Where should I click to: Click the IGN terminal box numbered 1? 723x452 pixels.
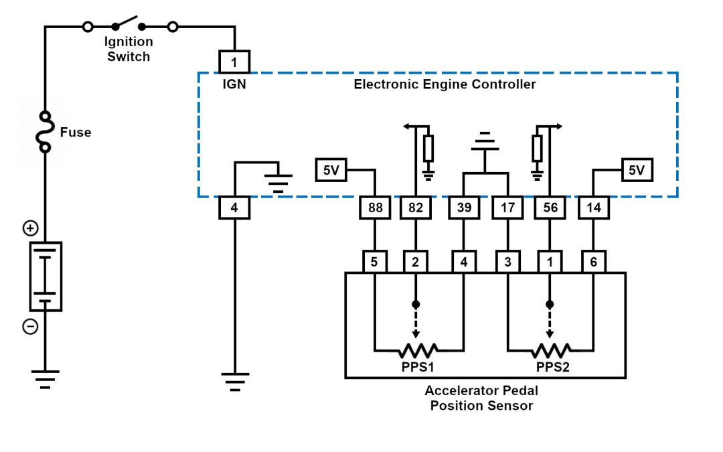[x=234, y=62]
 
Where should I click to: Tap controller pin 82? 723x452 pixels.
[x=416, y=208]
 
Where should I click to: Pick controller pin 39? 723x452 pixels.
[x=463, y=208]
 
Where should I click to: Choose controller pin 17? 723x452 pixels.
[x=507, y=208]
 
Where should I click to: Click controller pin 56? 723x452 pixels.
[x=549, y=208]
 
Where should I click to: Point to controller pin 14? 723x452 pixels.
[x=593, y=208]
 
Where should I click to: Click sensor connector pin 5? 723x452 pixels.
[x=374, y=261]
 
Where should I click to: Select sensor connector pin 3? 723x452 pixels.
[x=507, y=261]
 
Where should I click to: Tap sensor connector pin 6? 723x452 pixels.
[x=593, y=261]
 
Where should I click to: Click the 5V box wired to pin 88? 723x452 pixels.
[x=331, y=170]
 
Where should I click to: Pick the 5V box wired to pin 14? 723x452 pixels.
[x=636, y=170]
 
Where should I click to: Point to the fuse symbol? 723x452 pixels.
[x=46, y=132]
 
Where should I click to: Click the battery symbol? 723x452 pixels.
[x=46, y=277]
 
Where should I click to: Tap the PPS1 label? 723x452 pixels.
[x=417, y=367]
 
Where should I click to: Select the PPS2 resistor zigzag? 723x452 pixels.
[x=550, y=350]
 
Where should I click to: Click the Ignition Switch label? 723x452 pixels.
[x=128, y=50]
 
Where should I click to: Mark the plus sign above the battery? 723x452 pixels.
[x=30, y=228]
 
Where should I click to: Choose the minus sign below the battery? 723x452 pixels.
[x=30, y=327]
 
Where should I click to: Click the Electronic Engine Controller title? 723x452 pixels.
[x=445, y=84]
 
